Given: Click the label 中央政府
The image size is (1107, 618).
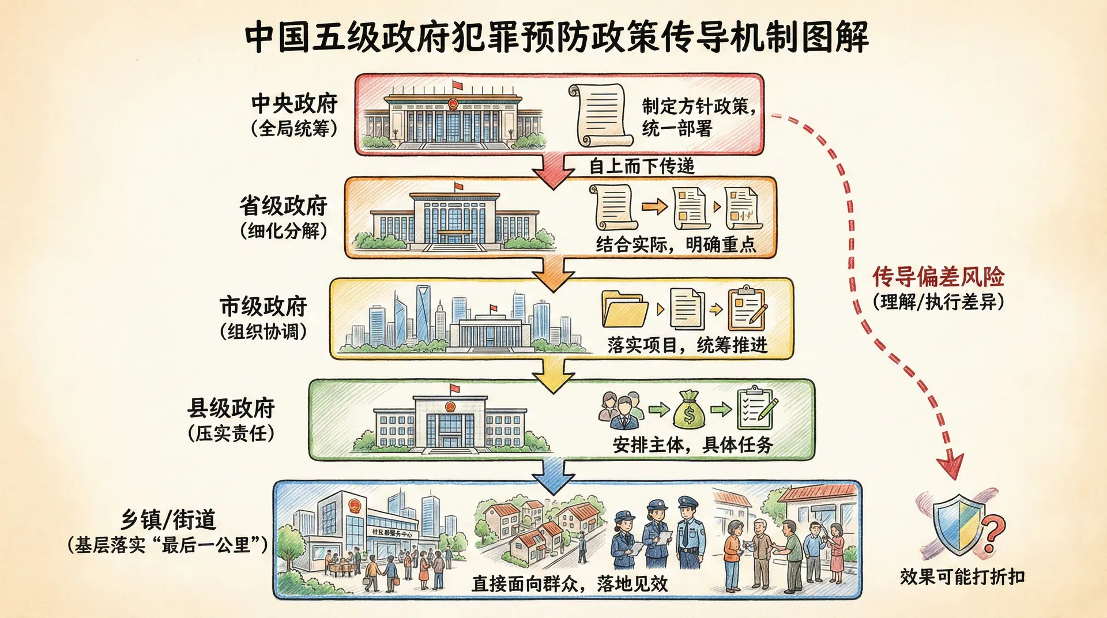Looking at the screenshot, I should [294, 104].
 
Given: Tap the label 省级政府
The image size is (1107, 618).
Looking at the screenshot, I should [283, 206].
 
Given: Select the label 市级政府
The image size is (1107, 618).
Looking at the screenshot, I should [263, 307].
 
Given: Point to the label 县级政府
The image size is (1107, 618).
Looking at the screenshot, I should [231, 408].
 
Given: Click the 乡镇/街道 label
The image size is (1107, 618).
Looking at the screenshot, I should [168, 520].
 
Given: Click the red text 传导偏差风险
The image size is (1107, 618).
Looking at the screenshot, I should [938, 277].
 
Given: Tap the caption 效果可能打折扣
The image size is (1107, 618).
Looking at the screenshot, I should [962, 576].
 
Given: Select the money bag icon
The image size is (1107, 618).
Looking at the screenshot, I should [689, 410].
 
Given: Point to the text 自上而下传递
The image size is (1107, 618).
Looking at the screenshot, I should [641, 166].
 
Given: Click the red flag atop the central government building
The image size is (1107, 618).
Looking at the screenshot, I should [458, 86].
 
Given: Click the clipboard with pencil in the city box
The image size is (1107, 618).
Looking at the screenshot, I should [747, 309].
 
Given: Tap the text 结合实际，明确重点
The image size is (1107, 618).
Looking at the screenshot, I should [676, 245].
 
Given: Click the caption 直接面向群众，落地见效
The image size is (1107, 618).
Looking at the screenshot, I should [570, 584].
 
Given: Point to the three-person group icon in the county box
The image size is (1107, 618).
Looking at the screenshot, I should [620, 410].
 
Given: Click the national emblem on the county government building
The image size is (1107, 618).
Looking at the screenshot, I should [450, 406].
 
